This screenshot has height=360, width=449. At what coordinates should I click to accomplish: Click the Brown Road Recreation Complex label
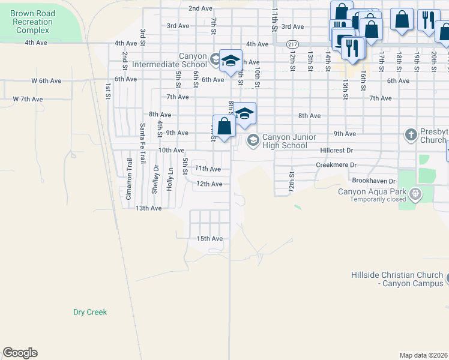[x=32, y=22]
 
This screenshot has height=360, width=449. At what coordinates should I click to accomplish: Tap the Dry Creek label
[x=89, y=312]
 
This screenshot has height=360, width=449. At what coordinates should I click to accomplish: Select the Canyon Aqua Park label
[x=372, y=192]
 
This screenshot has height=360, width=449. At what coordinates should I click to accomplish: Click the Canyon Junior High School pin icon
[x=253, y=140]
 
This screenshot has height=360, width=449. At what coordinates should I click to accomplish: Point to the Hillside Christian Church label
[x=397, y=279]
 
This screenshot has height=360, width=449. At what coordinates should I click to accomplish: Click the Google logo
[x=20, y=353]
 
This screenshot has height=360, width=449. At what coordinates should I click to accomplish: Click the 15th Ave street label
[x=209, y=238]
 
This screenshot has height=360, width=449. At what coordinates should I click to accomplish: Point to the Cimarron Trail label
[x=128, y=179]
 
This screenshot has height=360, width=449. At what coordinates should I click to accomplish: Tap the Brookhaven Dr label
[x=375, y=181]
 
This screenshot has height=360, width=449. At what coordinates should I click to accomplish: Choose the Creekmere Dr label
[x=336, y=164]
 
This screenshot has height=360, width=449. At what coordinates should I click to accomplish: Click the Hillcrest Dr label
[x=337, y=151]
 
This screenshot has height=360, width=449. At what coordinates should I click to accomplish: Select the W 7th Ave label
[x=28, y=99]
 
